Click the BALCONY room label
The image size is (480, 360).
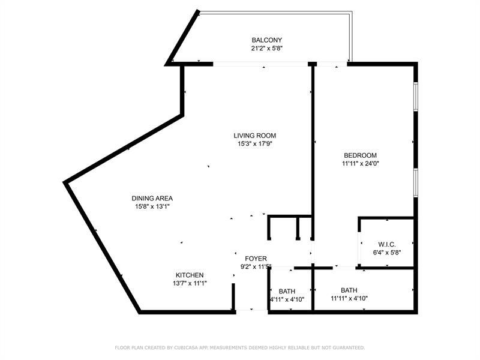[267, 40]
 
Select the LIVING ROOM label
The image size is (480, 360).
[255, 136]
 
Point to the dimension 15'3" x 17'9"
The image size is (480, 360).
[255, 143]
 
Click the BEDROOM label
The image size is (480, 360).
[359, 155]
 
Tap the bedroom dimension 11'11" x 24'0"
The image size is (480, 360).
[361, 163]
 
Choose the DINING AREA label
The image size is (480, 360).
[152, 199]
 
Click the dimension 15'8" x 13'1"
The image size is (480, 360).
[152, 206]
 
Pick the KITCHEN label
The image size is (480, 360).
[190, 275]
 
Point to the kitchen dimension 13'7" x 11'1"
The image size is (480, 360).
[190, 283]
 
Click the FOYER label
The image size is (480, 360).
[256, 259]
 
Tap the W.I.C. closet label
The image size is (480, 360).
[387, 244]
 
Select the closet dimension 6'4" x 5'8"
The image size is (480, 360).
[386, 252]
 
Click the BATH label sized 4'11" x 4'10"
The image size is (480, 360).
[287, 291]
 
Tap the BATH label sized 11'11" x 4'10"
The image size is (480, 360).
[349, 290]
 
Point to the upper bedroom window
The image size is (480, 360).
[415, 96]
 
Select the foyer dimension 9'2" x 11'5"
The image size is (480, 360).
[255, 266]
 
